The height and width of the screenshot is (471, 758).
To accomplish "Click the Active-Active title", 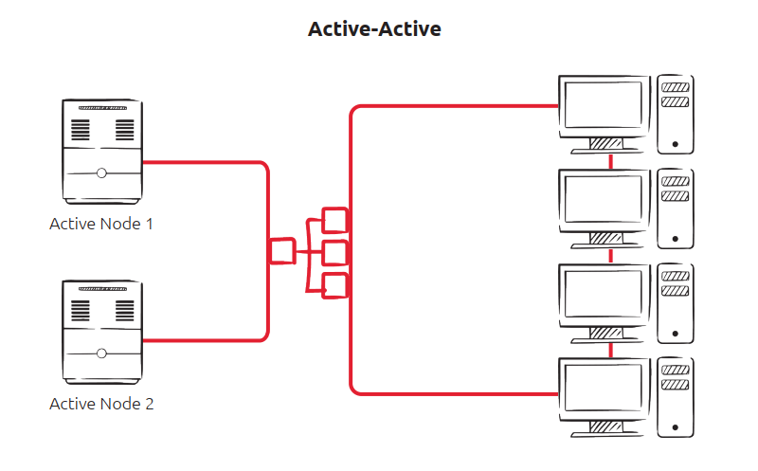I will (374, 29).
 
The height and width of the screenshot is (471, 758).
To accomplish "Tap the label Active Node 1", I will (101, 225).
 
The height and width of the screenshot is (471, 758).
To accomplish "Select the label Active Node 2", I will (101, 404).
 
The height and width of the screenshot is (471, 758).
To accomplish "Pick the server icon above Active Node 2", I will (101, 331).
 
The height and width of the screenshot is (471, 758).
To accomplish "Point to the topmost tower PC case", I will (676, 114).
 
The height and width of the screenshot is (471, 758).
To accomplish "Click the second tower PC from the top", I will (676, 208).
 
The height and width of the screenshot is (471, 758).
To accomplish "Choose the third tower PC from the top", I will (676, 303).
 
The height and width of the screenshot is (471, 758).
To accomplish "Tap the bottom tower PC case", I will (676, 397).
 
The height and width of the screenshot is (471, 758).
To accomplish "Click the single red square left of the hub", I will (282, 251).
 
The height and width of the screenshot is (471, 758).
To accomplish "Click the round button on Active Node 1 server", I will (101, 173).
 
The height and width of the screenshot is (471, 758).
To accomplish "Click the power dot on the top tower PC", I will (675, 145).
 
